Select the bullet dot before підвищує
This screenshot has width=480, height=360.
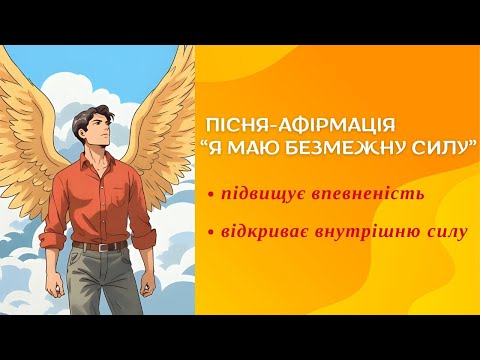212,192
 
